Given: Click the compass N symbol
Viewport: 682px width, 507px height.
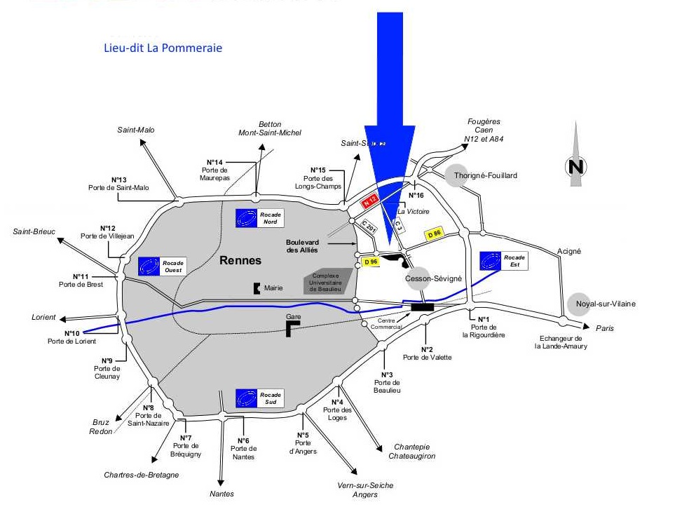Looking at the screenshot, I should point(576,167).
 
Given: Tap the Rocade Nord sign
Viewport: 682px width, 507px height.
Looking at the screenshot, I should point(260,217).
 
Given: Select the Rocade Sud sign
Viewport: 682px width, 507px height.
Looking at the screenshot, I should point(260,398).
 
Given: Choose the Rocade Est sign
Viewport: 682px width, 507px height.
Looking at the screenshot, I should point(503,261).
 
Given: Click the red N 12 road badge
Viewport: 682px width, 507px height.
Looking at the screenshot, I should point(369,201).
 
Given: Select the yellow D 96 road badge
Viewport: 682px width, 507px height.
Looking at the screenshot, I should point(371,262).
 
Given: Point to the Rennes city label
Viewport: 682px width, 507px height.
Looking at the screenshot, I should point(240,260).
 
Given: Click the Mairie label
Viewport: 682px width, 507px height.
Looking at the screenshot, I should point(273,288).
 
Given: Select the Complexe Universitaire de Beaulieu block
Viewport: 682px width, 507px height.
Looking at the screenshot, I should point(327,281).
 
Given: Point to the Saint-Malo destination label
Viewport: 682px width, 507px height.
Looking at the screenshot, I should point(136,130).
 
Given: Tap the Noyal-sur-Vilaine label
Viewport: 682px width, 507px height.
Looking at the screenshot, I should point(606,304).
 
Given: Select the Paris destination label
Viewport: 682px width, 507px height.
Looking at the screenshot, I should point(604,328).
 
